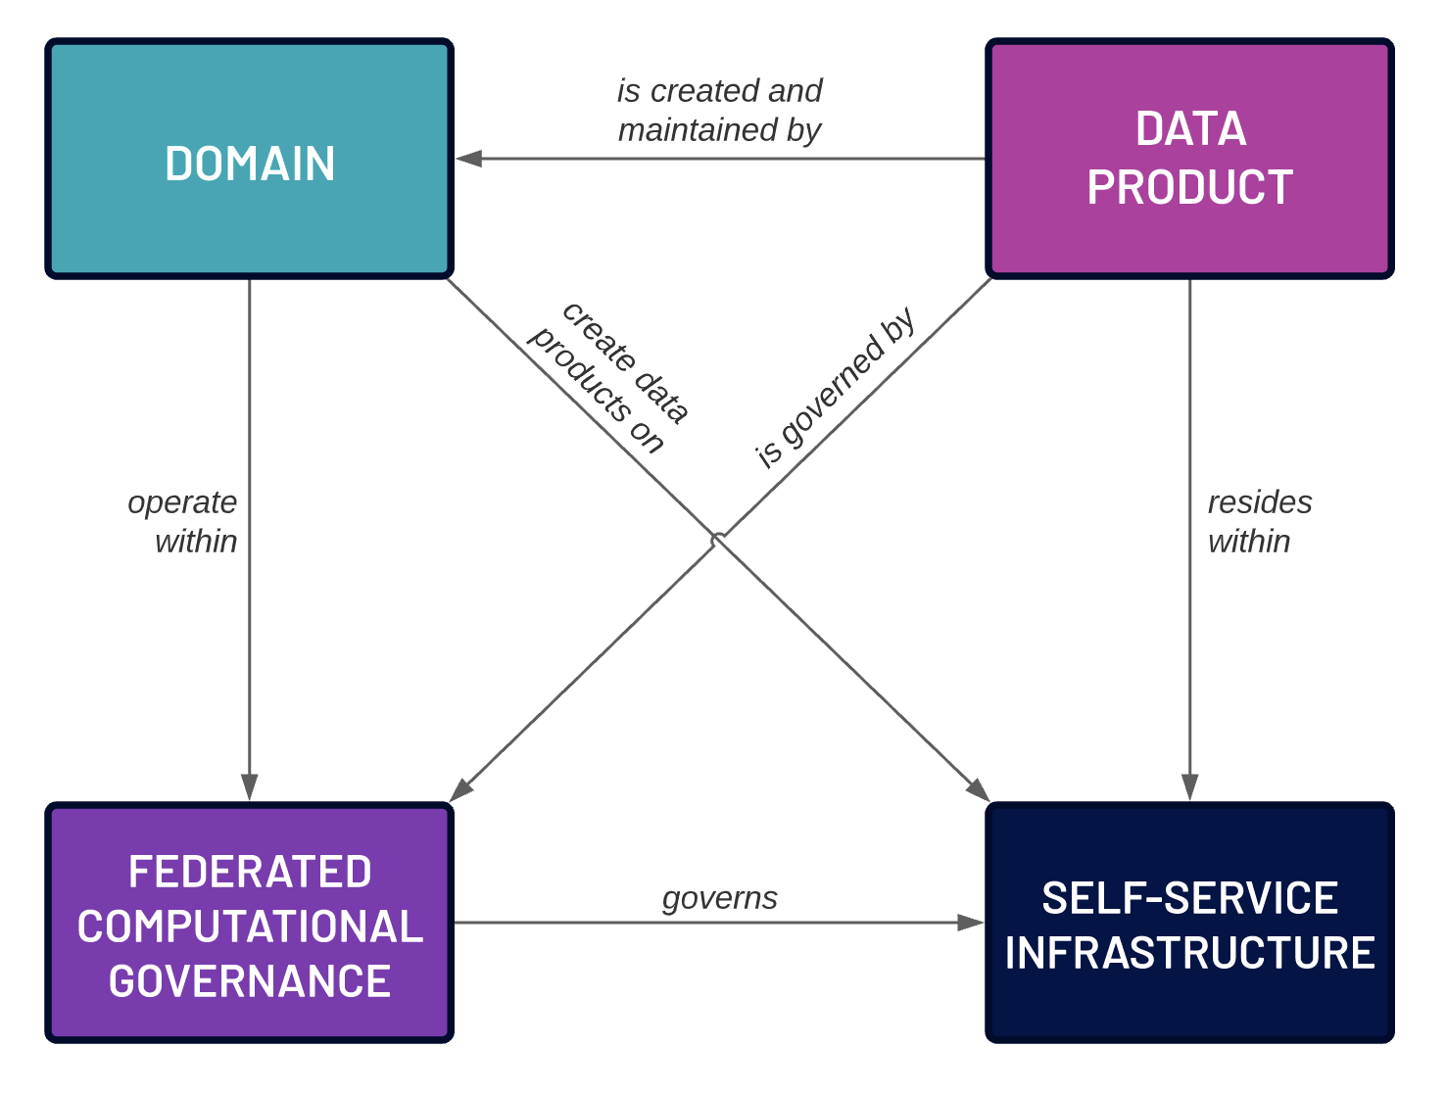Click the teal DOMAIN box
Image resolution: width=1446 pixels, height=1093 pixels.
249,160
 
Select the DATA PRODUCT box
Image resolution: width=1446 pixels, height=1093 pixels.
1189,159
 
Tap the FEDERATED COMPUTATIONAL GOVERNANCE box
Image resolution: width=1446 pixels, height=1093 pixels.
249,923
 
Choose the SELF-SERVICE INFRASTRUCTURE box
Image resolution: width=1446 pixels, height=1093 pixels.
1189,923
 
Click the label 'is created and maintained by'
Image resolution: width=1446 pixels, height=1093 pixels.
719,110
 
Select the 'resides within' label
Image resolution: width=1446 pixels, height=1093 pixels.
1258,521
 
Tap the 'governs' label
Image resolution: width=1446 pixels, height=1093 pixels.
719,897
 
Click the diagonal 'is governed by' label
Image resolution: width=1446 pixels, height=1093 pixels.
835,388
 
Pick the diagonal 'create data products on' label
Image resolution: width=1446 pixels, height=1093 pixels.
609,378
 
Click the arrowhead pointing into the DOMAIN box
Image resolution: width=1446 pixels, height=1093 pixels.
468,159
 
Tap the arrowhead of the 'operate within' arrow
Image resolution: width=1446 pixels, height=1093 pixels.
249,786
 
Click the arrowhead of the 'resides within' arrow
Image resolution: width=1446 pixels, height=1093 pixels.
1189,786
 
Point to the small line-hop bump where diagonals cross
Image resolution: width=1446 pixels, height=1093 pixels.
719,539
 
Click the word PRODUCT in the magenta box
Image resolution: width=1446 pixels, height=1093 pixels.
1189,188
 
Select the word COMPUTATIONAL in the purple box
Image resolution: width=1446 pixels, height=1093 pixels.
249,927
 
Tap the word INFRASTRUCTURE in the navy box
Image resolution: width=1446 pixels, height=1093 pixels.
1189,953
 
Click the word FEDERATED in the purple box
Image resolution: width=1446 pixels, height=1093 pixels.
249,872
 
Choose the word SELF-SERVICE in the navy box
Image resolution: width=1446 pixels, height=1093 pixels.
1189,898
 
